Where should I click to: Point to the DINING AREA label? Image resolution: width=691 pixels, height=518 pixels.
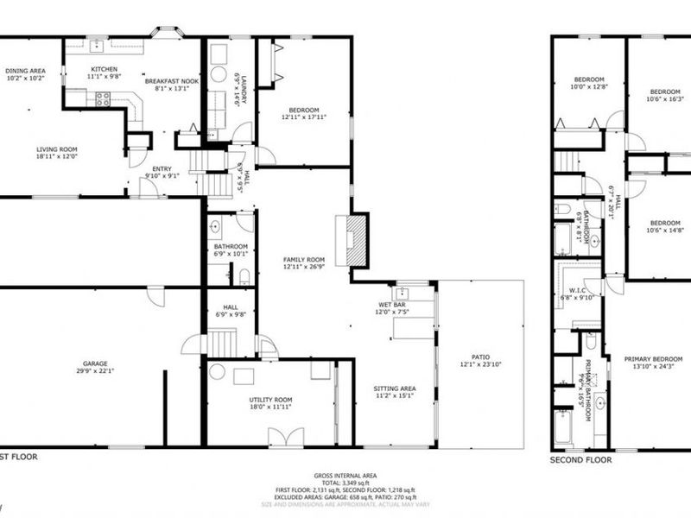click(x=25, y=72)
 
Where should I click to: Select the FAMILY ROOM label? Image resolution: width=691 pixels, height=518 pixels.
click(x=304, y=260)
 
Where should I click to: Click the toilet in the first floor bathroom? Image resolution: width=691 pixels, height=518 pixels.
click(x=244, y=276)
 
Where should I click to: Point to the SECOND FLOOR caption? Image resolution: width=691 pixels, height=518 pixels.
click(x=581, y=461)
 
